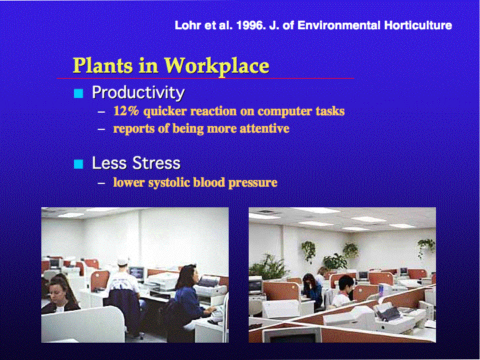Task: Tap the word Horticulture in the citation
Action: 418,25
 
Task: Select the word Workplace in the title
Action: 217,66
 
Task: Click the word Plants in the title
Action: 103,65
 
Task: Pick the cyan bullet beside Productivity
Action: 79,93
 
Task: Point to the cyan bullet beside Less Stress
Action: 79,164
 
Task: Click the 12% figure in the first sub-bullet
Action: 126,111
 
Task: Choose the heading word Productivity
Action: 139,93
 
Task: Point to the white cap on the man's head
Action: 123,262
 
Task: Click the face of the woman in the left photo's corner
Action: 57,293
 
